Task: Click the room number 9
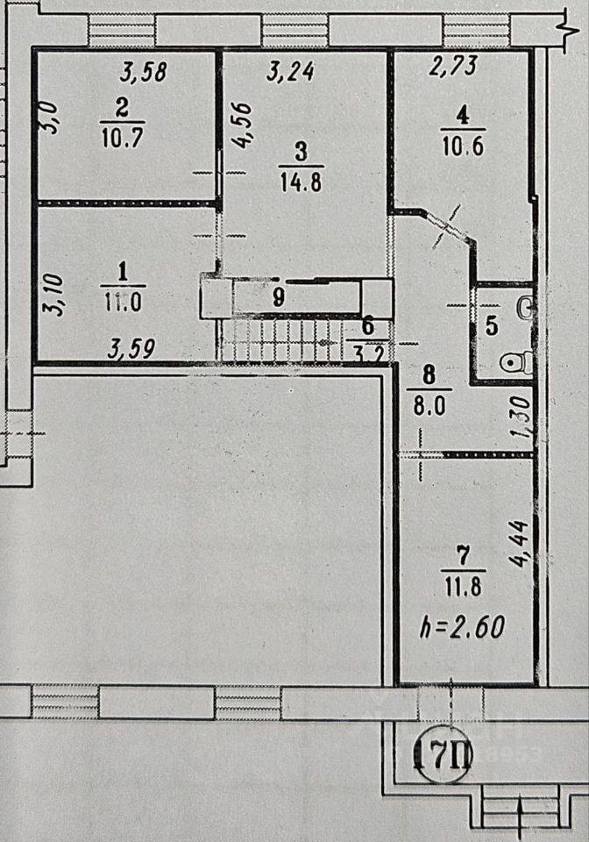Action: pos(278,296)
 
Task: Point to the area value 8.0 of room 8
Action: pos(429,406)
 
